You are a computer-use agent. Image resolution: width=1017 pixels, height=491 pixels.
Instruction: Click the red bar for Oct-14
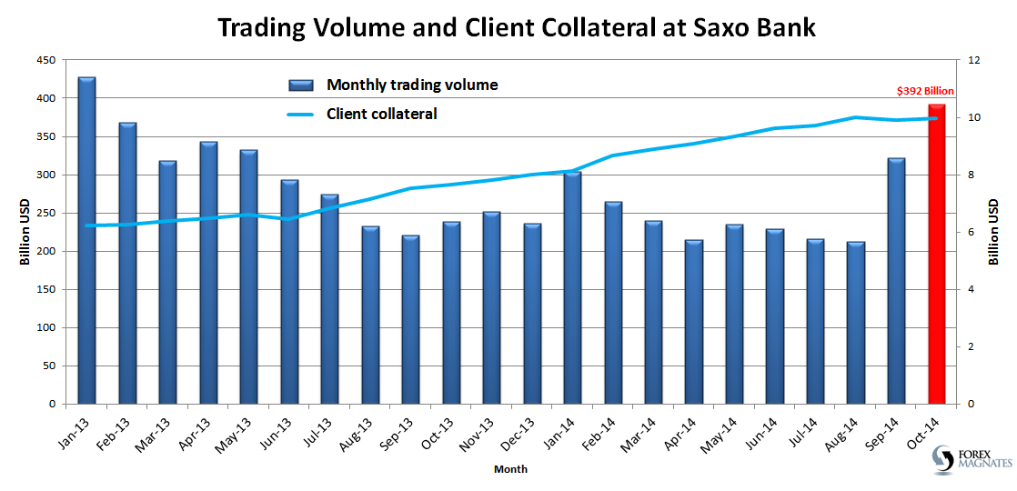[x=937, y=255]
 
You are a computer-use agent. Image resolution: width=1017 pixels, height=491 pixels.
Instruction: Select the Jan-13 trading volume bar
[x=86, y=241]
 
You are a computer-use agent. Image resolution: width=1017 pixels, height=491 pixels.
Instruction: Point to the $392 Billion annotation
[x=925, y=91]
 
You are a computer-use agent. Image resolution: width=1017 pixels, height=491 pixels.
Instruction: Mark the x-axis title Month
[x=510, y=469]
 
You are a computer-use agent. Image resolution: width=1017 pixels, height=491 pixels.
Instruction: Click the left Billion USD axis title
[x=25, y=232]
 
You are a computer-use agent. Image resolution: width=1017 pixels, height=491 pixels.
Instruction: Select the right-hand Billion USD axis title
[x=993, y=232]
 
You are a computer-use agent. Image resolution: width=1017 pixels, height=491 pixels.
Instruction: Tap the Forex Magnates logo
[x=972, y=460]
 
